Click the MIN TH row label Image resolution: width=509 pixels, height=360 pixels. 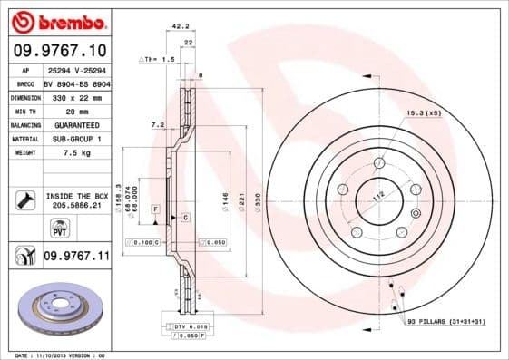[x=25, y=111]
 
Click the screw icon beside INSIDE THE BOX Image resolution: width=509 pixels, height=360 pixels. [x=25, y=198]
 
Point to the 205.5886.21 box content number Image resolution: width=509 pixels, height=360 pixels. [x=76, y=206]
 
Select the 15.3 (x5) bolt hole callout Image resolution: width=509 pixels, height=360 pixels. [x=424, y=112]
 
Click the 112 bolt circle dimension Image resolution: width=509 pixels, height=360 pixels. [x=377, y=197]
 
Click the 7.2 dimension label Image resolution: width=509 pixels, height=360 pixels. [x=156, y=123]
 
